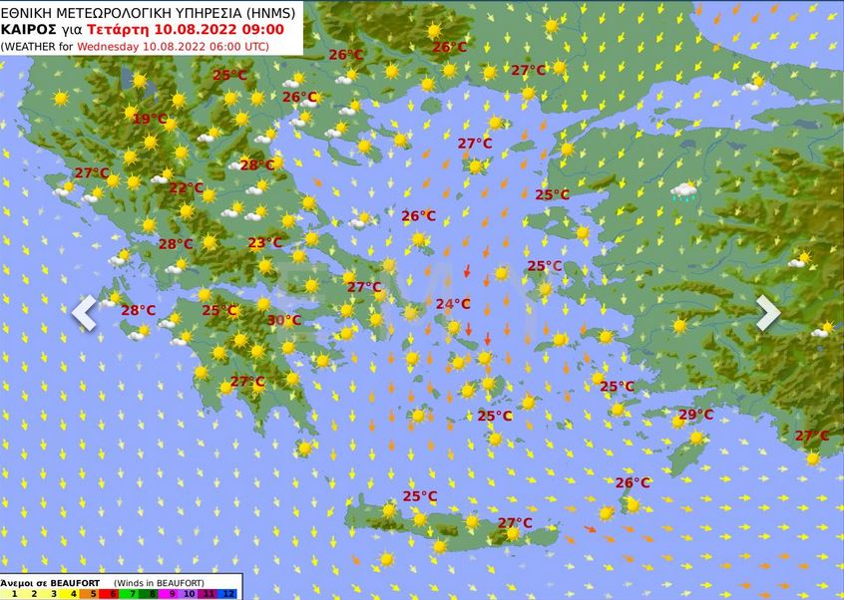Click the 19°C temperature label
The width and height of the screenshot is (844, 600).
150,119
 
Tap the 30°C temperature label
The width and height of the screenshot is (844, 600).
284,320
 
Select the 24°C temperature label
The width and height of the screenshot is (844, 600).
453,304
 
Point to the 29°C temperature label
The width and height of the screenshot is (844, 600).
695,415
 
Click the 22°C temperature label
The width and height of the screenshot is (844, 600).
186,188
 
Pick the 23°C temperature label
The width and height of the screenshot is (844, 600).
265,242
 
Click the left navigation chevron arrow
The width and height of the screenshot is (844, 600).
84,313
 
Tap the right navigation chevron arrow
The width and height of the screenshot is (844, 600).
767,313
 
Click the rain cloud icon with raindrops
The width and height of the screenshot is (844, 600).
684,191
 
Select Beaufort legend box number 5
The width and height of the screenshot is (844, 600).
92,593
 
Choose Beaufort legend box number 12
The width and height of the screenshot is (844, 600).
230,593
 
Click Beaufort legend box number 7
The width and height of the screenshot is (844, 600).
132,593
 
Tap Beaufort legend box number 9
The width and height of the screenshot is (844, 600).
171,593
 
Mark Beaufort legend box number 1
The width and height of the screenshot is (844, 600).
12,593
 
